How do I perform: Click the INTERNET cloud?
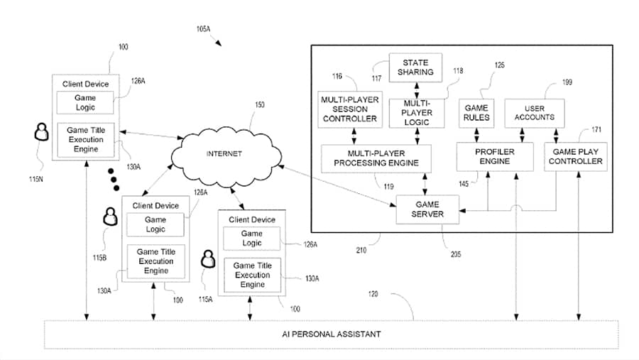(x=224, y=153)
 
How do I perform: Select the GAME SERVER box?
(x=428, y=209)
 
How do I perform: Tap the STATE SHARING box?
(x=415, y=67)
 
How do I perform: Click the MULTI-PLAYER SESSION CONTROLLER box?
(x=349, y=109)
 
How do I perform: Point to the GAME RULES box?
(x=477, y=112)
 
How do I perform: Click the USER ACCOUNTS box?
(x=534, y=112)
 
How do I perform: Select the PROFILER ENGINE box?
(x=494, y=156)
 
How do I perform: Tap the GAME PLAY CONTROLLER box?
(x=577, y=156)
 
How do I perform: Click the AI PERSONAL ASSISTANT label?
(x=330, y=334)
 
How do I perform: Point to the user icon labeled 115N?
(x=41, y=131)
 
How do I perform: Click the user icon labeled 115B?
(x=109, y=216)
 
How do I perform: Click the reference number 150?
(x=260, y=105)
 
